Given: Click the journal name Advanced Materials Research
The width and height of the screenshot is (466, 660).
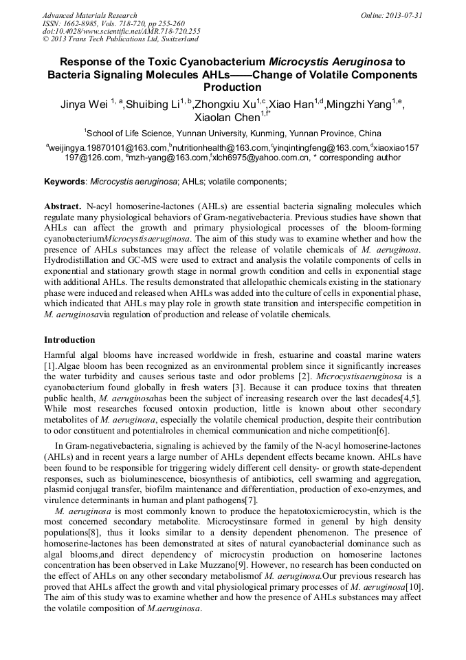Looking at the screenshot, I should (89, 15).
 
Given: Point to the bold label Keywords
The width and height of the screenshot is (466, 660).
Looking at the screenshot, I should (65, 182).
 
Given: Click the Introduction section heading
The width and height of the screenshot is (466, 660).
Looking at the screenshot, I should (69, 340).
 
